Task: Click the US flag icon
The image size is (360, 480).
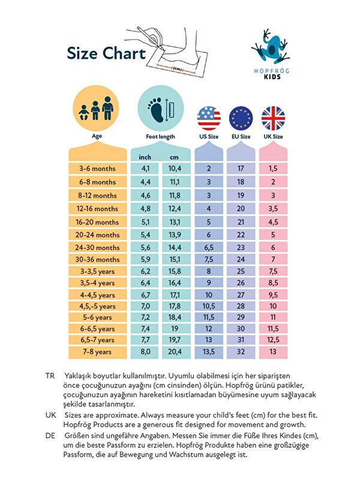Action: tap(209, 117)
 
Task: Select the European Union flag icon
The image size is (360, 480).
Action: tap(241, 117)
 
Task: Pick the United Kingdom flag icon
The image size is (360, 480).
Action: tap(272, 117)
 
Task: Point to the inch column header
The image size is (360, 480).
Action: tap(145, 157)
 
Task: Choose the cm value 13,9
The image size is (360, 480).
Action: tap(175, 235)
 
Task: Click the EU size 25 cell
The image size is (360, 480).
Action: tap(241, 271)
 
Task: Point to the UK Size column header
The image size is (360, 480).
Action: tap(272, 137)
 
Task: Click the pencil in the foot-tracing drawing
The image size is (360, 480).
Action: tap(147, 35)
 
